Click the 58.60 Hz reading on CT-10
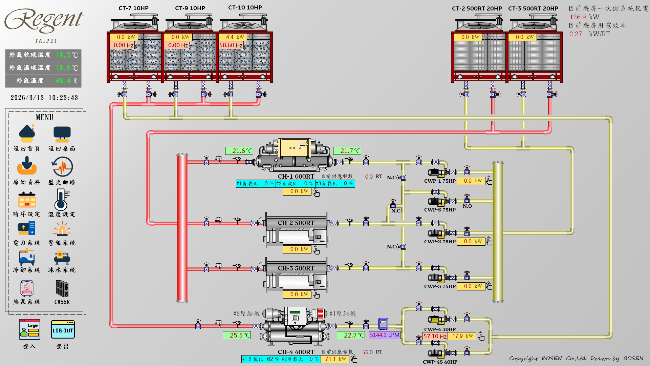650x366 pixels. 231,45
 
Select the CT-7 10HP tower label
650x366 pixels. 133,8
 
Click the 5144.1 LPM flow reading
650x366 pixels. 385,335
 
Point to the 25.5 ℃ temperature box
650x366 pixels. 237,335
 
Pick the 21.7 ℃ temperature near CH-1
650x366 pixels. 347,151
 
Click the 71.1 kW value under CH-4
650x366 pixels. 335,359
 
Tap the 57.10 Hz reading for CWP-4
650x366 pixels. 435,336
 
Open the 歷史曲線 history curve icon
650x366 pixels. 62,167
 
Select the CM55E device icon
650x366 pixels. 62,289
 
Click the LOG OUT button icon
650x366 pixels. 63,330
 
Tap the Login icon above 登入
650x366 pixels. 30,329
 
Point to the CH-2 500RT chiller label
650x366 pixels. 296,223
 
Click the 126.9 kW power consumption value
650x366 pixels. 578,17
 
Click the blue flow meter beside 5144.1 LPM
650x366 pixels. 383,324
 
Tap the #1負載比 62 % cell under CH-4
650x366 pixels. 261,359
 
